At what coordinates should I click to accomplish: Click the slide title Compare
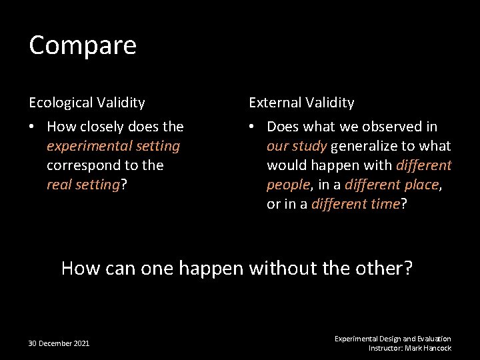point(83,45)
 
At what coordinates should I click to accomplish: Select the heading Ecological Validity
point(87,103)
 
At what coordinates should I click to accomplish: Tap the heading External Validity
point(301,103)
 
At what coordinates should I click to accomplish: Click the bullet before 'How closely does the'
point(33,127)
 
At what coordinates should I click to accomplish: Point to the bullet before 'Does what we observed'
point(253,127)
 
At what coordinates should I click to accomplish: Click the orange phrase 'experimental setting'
point(113,146)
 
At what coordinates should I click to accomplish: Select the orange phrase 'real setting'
point(82,185)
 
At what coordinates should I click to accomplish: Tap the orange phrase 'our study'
point(296,146)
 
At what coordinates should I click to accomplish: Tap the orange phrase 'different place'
point(391,185)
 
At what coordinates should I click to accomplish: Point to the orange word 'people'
point(287,185)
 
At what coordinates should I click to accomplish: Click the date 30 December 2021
point(59,343)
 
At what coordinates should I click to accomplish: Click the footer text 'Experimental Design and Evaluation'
point(393,339)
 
